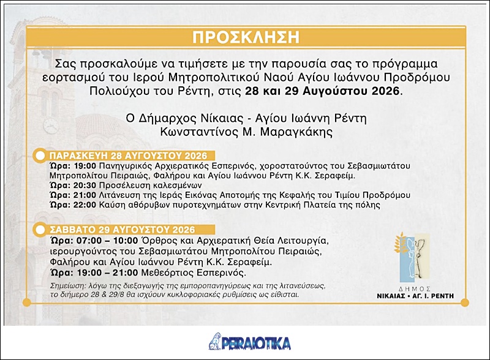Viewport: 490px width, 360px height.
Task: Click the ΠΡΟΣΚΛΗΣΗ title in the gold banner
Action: [x=246, y=37]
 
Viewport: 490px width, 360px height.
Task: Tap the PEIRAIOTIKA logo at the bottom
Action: [x=250, y=342]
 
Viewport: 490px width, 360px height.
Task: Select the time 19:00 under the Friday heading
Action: [x=85, y=166]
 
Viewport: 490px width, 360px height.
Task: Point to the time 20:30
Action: [x=85, y=186]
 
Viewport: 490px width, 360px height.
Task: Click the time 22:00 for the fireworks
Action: [x=85, y=205]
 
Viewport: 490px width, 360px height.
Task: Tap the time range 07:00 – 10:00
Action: [x=107, y=241]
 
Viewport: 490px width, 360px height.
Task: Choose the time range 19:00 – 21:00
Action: [x=107, y=272]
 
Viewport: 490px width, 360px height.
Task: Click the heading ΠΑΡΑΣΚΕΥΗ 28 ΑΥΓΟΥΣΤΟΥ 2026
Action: [x=128, y=156]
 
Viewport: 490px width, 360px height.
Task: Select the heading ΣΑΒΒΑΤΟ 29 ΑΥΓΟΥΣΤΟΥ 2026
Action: [x=123, y=230]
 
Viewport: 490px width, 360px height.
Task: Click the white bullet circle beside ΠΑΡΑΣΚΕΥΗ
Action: [x=40, y=156]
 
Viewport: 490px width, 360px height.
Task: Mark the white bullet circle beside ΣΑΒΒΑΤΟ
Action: [x=40, y=230]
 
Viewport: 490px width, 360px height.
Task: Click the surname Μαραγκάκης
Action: [x=296, y=132]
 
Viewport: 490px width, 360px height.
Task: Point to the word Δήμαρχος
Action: [x=167, y=119]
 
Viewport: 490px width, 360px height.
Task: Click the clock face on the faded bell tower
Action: [x=51, y=126]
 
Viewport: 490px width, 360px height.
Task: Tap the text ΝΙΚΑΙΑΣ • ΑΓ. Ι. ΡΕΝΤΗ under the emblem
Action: [x=415, y=296]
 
